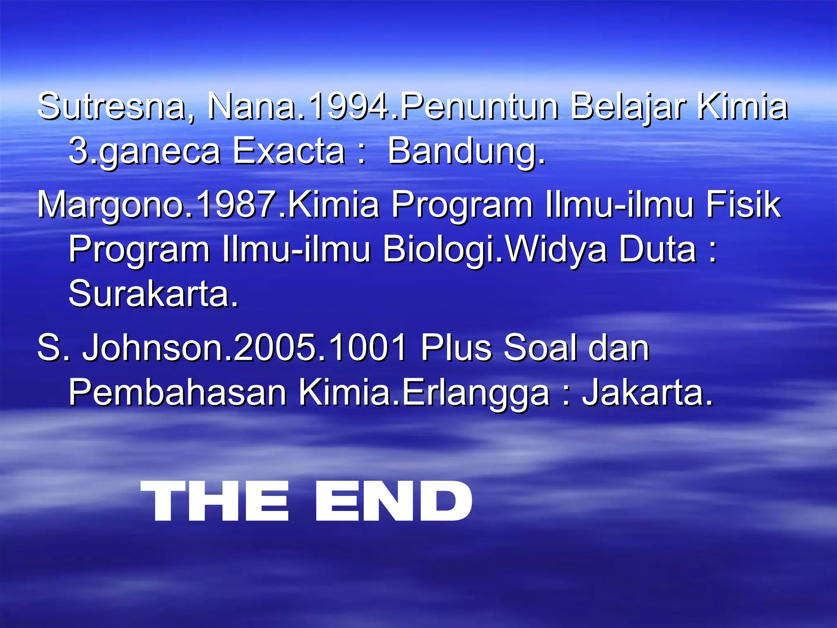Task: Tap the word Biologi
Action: point(437,250)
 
